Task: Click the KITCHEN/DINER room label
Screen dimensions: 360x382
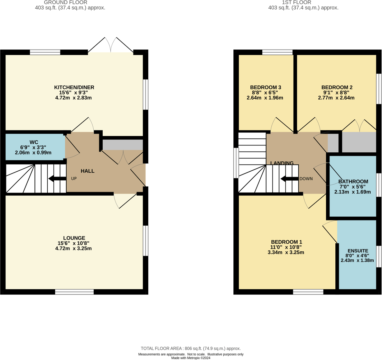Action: (74, 87)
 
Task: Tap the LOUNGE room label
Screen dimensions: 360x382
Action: (74, 238)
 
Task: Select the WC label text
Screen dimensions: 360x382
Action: (34, 142)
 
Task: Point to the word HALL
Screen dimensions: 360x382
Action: (87, 171)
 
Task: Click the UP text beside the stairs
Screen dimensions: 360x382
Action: (74, 179)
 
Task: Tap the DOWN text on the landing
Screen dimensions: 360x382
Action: (306, 179)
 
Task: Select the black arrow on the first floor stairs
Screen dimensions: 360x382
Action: (289, 179)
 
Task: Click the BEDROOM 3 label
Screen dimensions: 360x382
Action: (265, 87)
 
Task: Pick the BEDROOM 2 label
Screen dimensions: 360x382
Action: (337, 87)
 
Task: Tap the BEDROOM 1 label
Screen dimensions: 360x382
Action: (286, 242)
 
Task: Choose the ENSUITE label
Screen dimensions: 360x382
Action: (358, 251)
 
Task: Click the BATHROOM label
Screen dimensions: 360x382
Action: (353, 181)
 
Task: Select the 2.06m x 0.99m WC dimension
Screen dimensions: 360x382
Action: (33, 153)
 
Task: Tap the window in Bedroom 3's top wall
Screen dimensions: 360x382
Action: (277, 52)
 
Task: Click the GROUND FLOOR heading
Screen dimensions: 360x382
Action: (65, 2)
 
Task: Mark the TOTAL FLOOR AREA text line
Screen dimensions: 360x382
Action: (190, 349)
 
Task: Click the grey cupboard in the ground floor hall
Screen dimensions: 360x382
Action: (123, 145)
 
